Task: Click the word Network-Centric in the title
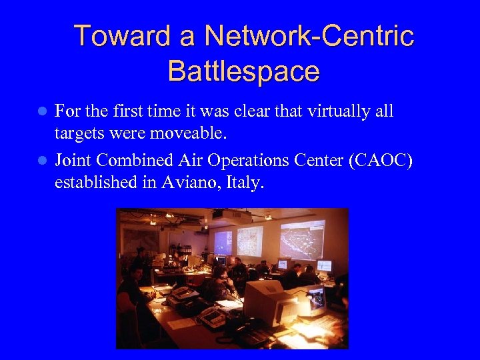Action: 309,36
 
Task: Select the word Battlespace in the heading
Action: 244,71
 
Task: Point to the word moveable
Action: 188,133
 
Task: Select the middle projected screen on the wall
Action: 250,241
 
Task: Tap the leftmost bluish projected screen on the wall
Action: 223,243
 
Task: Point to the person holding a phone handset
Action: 220,280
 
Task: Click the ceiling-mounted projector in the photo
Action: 217,215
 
